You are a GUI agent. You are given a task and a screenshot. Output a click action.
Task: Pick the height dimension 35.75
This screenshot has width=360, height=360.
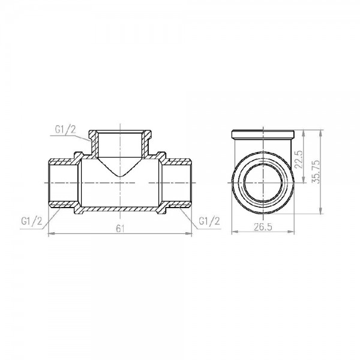pyautogui.click(x=325, y=170)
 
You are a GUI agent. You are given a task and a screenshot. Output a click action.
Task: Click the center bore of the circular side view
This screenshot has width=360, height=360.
pyautogui.click(x=262, y=180)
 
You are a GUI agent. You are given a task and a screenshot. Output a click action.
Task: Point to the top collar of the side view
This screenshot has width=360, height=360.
pyautogui.click(x=262, y=133)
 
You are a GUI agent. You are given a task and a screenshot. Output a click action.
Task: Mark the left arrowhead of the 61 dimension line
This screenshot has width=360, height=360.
pyautogui.click(x=50, y=233)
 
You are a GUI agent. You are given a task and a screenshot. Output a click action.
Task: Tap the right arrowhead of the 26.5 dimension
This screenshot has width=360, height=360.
pyautogui.click(x=293, y=233)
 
